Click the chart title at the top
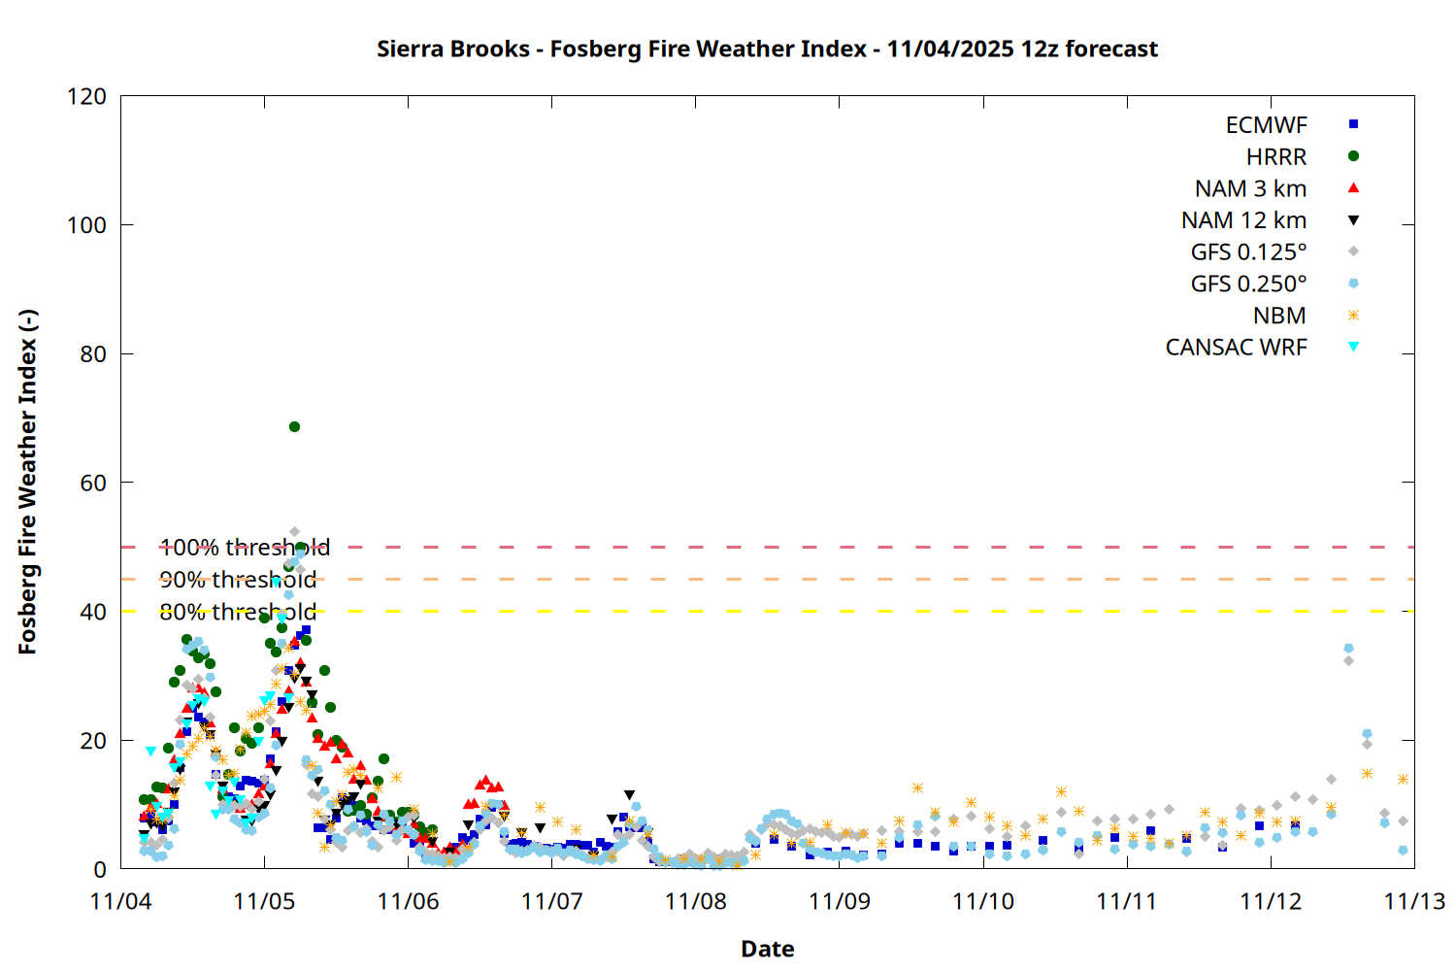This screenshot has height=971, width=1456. click(x=767, y=49)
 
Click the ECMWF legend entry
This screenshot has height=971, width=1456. click(x=1266, y=125)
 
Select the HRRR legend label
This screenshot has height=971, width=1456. click(x=1275, y=157)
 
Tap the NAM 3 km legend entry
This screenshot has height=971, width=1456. click(x=1250, y=188)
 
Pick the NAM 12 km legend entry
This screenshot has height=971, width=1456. click(x=1243, y=220)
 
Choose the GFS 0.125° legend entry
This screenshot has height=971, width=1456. click(x=1248, y=252)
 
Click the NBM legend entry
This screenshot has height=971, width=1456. click(x=1279, y=316)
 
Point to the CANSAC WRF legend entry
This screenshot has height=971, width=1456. click(x=1236, y=348)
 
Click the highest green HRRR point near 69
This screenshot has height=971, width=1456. click(x=294, y=426)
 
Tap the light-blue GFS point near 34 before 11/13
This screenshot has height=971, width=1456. click(x=1348, y=648)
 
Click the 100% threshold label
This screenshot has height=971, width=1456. click(x=245, y=548)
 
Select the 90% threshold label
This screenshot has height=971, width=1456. click(x=238, y=580)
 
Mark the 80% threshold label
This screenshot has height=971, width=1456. click(x=238, y=612)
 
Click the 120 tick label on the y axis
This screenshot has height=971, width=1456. click(x=86, y=96)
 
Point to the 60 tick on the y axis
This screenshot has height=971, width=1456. click(x=93, y=483)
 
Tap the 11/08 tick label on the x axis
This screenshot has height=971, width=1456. click(x=695, y=901)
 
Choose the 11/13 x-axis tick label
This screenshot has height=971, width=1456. click(x=1413, y=901)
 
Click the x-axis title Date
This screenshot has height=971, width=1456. click(x=767, y=949)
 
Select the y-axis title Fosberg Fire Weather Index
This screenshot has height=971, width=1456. click(x=27, y=483)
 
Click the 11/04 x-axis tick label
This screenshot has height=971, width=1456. click(x=120, y=901)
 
